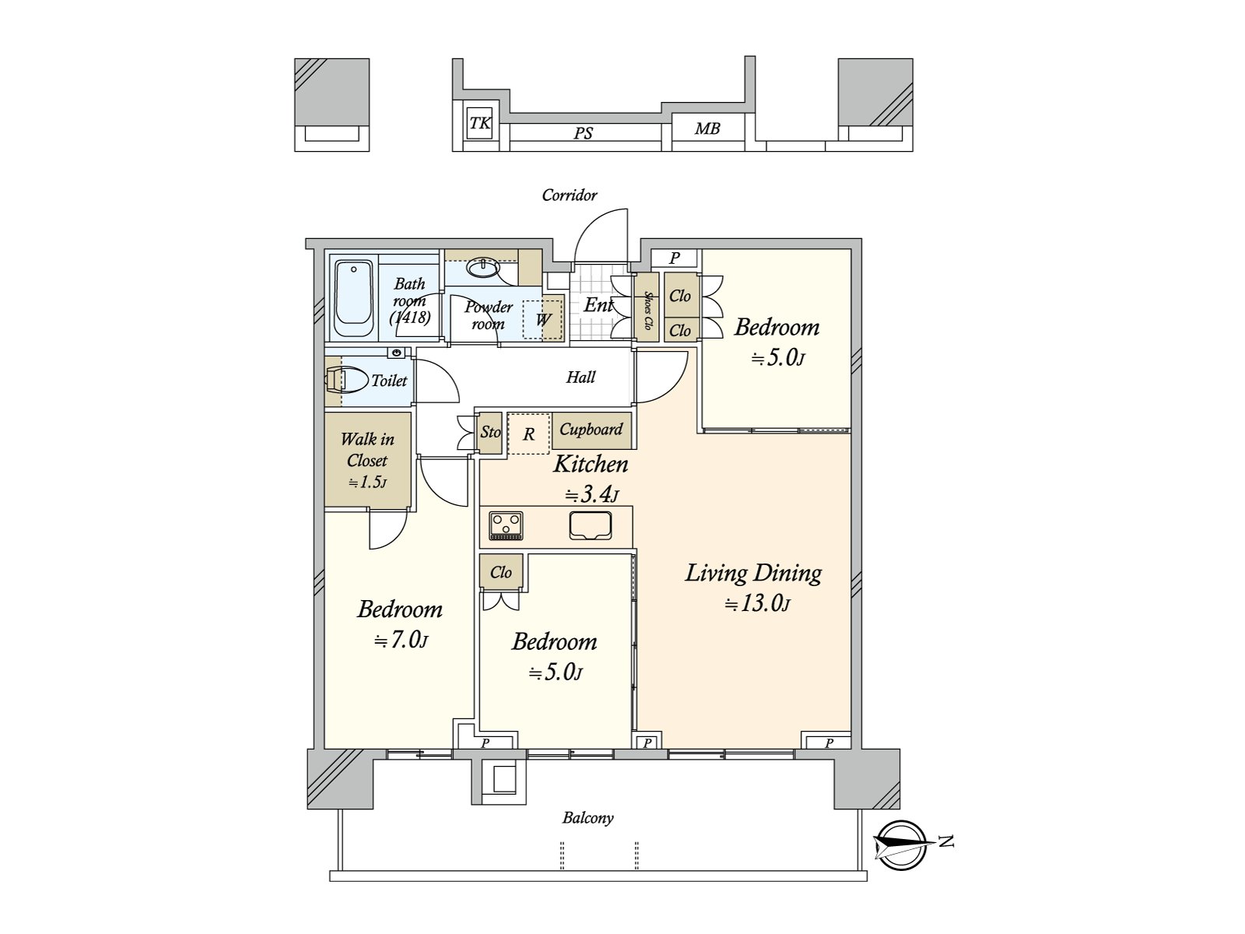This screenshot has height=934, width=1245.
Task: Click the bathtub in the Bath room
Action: pyautogui.click(x=353, y=298)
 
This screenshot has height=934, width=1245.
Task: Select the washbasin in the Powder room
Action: pyautogui.click(x=482, y=268)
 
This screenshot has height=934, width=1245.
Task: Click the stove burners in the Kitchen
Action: pyautogui.click(x=506, y=526)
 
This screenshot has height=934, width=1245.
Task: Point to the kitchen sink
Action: pyautogui.click(x=591, y=525)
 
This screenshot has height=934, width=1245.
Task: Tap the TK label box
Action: pyautogui.click(x=480, y=123)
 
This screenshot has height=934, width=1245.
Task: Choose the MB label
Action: pyautogui.click(x=707, y=129)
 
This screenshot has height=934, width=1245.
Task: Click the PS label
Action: pyautogui.click(x=583, y=133)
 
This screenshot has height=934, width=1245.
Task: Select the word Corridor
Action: pyautogui.click(x=569, y=195)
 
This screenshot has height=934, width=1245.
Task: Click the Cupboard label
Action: pyautogui.click(x=591, y=430)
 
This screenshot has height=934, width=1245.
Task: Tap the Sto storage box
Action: pyautogui.click(x=489, y=433)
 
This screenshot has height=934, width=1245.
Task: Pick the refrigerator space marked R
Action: pyautogui.click(x=528, y=434)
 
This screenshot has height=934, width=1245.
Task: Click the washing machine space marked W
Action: pyautogui.click(x=542, y=319)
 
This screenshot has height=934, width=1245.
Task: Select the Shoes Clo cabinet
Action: pyautogui.click(x=647, y=307)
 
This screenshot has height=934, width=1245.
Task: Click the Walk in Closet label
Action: pyautogui.click(x=367, y=450)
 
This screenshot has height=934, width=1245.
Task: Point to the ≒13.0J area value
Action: pyautogui.click(x=757, y=604)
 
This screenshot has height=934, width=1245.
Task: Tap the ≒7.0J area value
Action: pyautogui.click(x=401, y=641)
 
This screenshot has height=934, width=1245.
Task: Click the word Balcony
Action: pyautogui.click(x=587, y=818)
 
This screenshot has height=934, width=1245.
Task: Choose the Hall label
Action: pyautogui.click(x=580, y=377)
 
